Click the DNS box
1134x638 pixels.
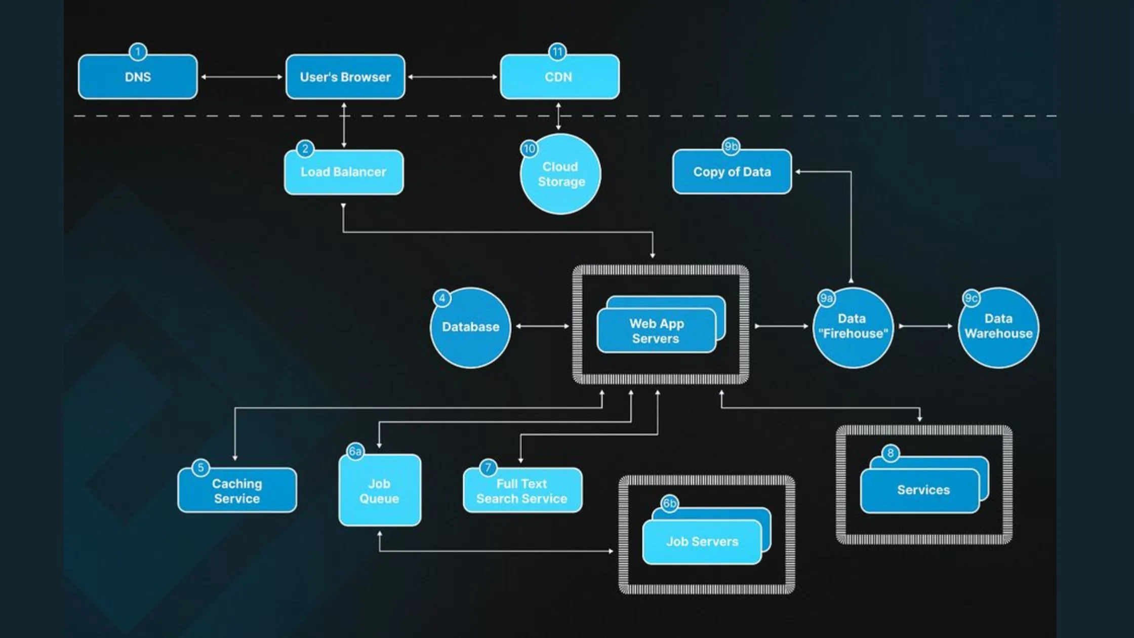(138, 77)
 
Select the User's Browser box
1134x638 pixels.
(345, 77)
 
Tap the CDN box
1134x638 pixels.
(559, 77)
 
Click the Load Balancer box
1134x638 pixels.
(343, 172)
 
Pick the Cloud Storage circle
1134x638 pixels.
(560, 174)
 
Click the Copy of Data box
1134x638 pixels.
(732, 172)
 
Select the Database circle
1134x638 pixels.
(470, 327)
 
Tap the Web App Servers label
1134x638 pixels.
(656, 331)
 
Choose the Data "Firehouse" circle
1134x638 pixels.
(853, 327)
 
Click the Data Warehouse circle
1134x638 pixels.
(998, 327)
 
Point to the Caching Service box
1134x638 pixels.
(237, 491)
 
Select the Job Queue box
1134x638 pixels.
(379, 491)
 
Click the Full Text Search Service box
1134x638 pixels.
(522, 491)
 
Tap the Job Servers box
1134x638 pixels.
(702, 542)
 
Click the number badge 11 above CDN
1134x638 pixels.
(557, 52)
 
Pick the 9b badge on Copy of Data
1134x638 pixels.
(731, 147)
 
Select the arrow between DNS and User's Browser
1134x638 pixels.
(241, 77)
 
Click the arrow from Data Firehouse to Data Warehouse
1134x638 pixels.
(925, 326)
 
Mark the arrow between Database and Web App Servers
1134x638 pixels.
(542, 326)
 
